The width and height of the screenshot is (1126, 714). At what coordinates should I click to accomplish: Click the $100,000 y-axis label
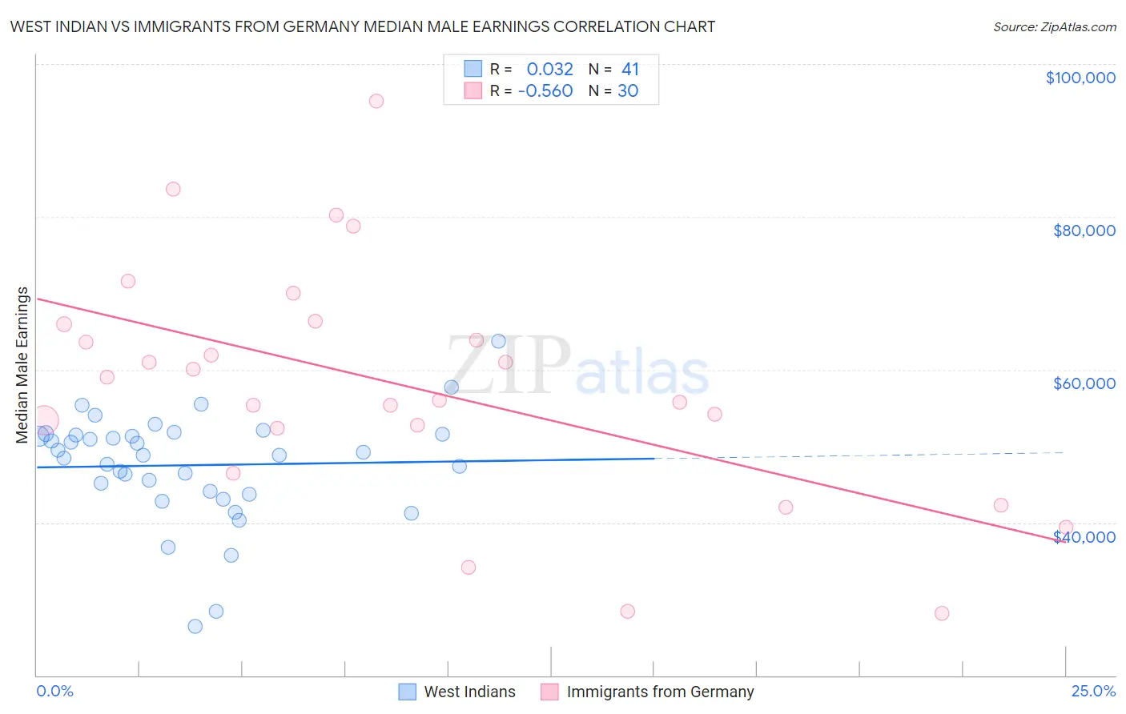[x=1080, y=78]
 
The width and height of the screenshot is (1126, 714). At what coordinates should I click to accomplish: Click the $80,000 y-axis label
[x=1084, y=231]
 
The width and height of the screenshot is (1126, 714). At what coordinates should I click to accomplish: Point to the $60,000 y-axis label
[x=1084, y=383]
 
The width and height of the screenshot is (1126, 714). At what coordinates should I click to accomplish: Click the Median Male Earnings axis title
[x=22, y=365]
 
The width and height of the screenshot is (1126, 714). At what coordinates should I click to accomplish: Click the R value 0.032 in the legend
[x=549, y=70]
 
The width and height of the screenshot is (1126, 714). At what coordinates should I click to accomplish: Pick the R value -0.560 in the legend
[x=545, y=91]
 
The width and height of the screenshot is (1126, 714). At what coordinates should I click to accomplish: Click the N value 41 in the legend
[x=630, y=70]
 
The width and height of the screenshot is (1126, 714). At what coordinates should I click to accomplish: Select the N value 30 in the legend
[x=628, y=91]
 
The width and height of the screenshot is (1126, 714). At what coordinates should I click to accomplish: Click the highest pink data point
[x=376, y=101]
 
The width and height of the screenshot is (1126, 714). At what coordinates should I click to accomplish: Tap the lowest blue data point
[x=195, y=626]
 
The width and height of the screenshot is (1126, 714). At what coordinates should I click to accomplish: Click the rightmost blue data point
[x=498, y=341]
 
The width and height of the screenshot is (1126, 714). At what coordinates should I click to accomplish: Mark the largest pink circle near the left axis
[x=44, y=419]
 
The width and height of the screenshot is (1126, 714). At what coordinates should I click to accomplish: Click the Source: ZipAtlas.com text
[x=1054, y=27]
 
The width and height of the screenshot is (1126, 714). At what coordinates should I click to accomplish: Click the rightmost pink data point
[x=1065, y=527]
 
